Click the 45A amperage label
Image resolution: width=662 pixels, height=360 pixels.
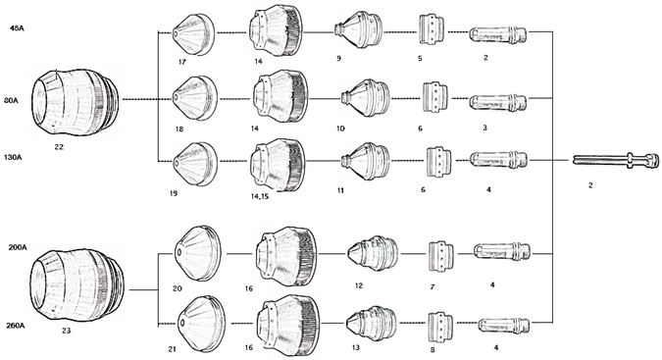click(17, 28)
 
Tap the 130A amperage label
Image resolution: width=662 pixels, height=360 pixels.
click(13, 157)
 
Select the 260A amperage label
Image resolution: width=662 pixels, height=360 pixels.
click(15, 326)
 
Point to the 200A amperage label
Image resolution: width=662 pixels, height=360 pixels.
click(18, 247)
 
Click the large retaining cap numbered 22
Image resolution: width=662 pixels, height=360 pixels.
click(76, 102)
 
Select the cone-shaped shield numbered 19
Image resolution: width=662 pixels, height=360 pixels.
click(195, 164)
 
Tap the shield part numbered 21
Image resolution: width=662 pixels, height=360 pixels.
click(201, 324)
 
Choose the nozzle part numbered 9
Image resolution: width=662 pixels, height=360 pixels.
click(358, 29)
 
